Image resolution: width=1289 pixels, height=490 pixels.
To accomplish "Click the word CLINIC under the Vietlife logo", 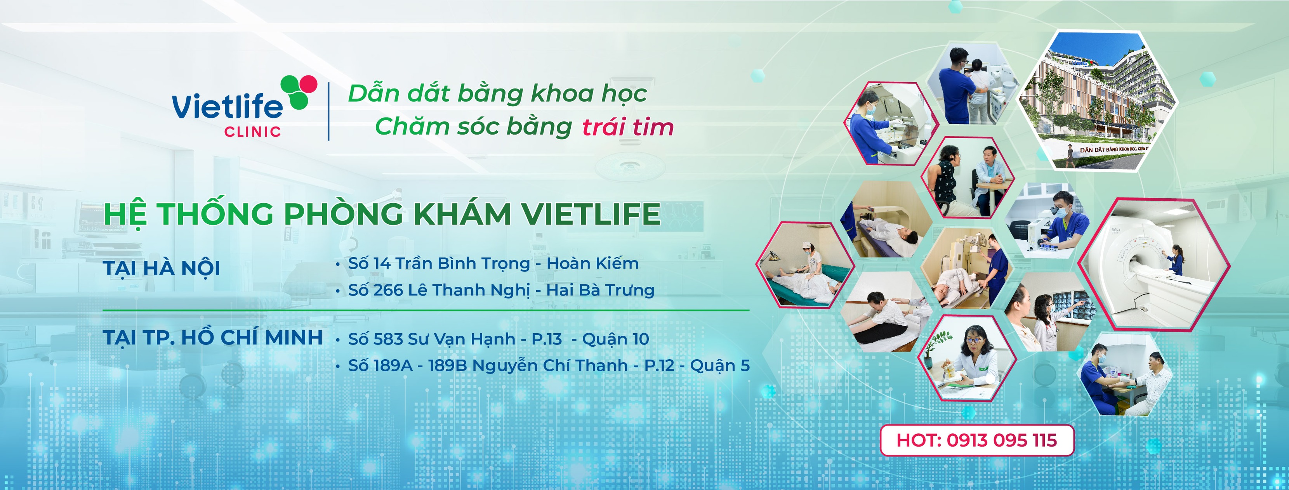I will (253, 132).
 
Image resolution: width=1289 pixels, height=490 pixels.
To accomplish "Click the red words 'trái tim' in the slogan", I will (627, 127).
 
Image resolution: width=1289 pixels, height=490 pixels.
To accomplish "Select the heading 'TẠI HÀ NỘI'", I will (161, 268).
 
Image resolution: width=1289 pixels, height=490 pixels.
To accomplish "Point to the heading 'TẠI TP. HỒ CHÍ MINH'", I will (213, 338).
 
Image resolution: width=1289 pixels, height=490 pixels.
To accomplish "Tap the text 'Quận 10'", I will (615, 339).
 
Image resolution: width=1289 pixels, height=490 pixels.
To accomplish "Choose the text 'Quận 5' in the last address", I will (719, 365).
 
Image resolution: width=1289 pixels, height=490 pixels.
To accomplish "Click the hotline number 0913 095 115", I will (1001, 440).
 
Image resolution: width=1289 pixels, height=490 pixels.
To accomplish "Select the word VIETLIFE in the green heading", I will (591, 214).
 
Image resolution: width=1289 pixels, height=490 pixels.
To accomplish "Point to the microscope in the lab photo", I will (1036, 230).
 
